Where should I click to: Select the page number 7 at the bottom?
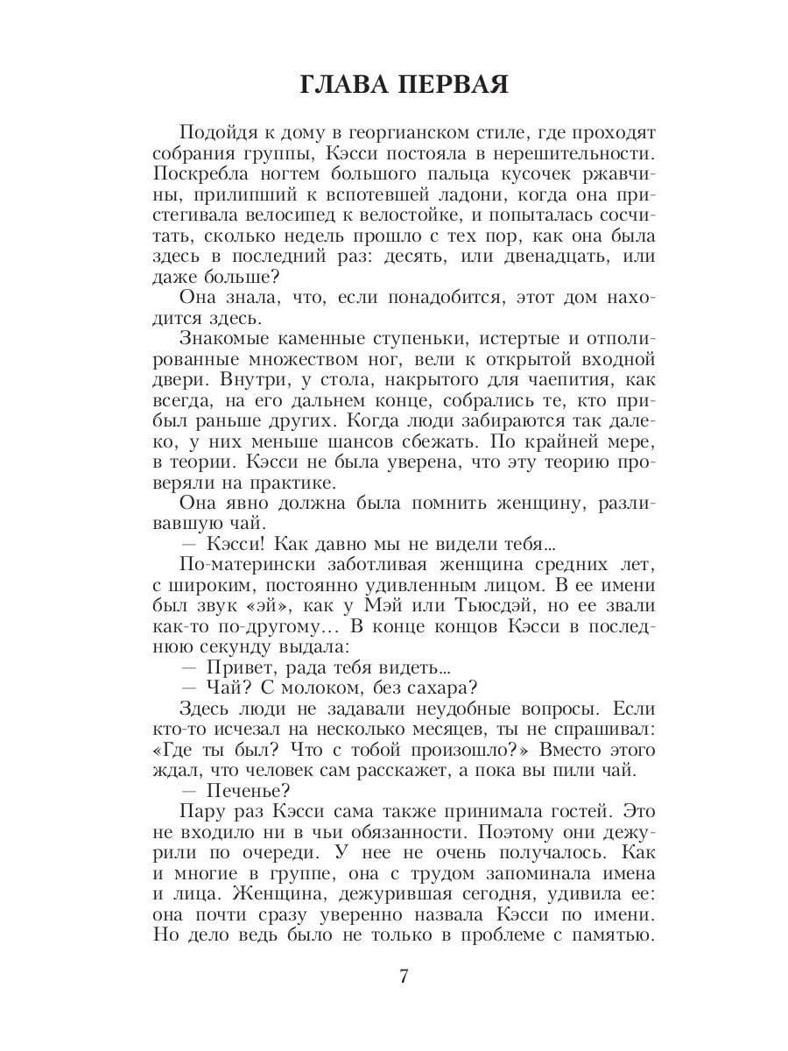(x=404, y=977)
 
